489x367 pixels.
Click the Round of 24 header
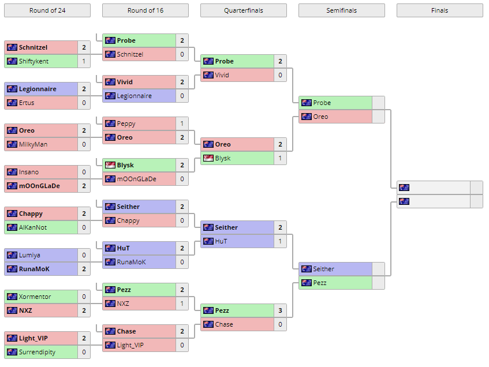pyautogui.click(x=47, y=10)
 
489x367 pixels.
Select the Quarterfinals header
pyautogui.click(x=243, y=10)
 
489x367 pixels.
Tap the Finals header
pyautogui.click(x=439, y=10)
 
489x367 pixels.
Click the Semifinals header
pyautogui.click(x=341, y=10)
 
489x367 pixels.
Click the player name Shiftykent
pyautogui.click(x=33, y=61)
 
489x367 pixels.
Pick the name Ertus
pyautogui.click(x=27, y=103)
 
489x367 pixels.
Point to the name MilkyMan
pyautogui.click(x=33, y=144)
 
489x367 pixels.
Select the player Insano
pyautogui.click(x=29, y=172)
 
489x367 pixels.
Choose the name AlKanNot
pyautogui.click(x=33, y=227)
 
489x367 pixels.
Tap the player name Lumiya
pyautogui.click(x=29, y=255)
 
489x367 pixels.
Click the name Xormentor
pyautogui.click(x=35, y=297)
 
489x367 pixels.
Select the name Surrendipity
pyautogui.click(x=38, y=352)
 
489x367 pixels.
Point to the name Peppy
pyautogui.click(x=126, y=123)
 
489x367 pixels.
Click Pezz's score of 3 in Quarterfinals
pyautogui.click(x=280, y=310)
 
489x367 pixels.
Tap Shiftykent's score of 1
pyautogui.click(x=84, y=61)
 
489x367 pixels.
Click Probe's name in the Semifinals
pyautogui.click(x=322, y=103)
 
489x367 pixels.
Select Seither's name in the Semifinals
pyautogui.click(x=323, y=269)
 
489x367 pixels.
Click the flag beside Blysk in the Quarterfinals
pyautogui.click(x=208, y=158)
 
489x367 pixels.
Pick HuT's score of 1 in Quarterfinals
pyautogui.click(x=280, y=241)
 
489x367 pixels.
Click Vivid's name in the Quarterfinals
pyautogui.click(x=222, y=75)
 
